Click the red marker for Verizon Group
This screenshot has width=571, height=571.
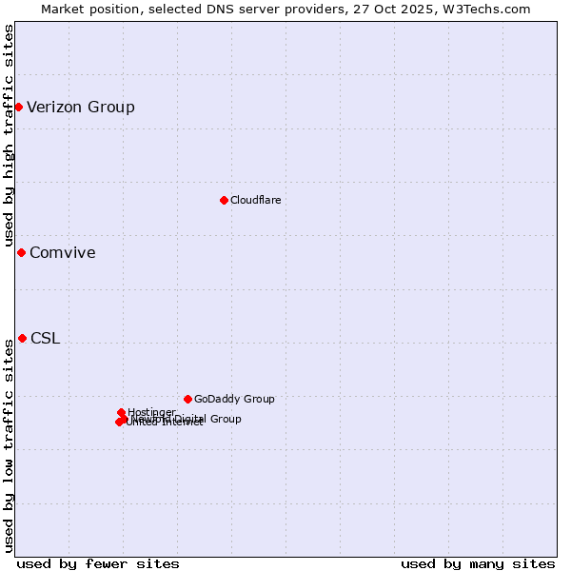point(18,107)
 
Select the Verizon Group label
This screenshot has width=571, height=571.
point(81,107)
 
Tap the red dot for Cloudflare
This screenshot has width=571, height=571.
point(224,200)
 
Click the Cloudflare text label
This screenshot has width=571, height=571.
point(255,200)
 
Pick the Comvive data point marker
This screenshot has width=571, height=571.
point(21,252)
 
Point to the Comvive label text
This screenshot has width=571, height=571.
point(63,252)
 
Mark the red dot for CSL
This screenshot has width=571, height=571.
point(22,338)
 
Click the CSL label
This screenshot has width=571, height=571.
point(45,339)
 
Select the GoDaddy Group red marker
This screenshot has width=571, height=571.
point(187,399)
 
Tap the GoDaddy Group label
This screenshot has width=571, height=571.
point(234,400)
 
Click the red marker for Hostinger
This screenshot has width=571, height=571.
point(121,412)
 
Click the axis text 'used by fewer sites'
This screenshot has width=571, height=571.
point(98,563)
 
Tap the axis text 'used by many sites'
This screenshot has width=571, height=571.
point(478,563)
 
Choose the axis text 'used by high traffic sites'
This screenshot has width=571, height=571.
point(9,135)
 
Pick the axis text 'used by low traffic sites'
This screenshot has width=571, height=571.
point(9,445)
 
